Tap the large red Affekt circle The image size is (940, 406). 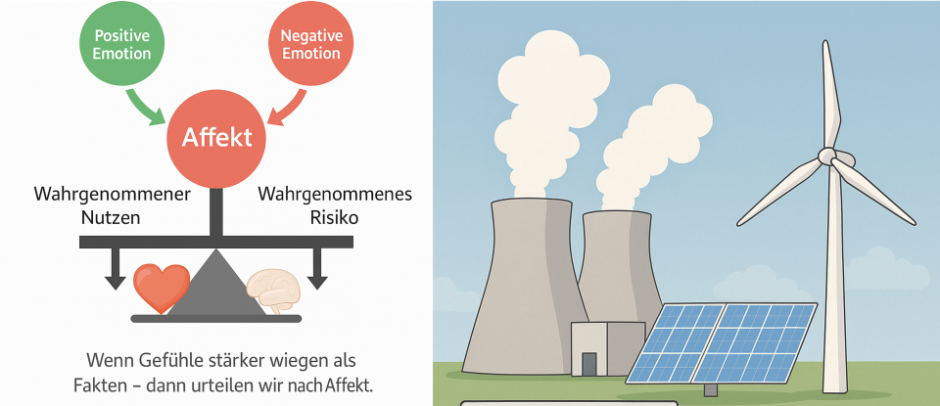click(215, 138)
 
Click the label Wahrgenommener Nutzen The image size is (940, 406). click(110, 205)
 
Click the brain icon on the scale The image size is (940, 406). click(274, 292)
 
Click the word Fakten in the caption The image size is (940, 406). click(100, 384)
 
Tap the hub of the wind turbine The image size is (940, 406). click(829, 157)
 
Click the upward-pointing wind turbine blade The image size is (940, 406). click(829, 93)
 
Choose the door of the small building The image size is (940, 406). click(589, 364)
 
